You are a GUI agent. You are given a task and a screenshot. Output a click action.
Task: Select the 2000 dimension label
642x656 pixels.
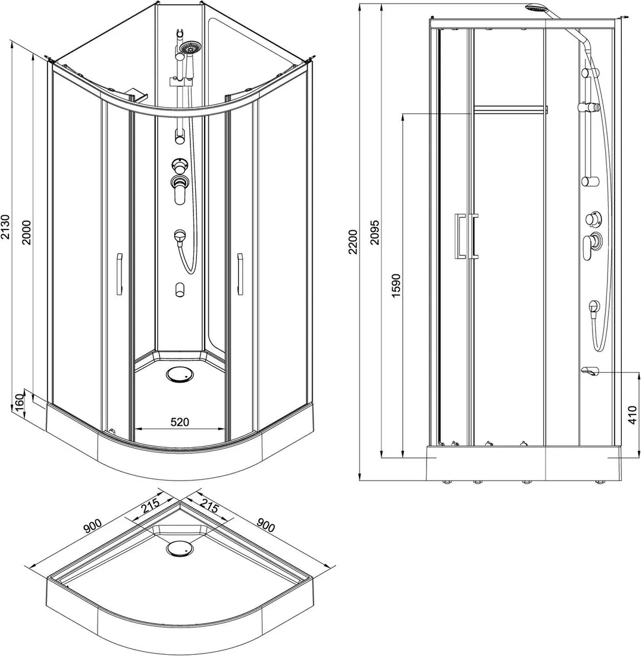pos(27,233)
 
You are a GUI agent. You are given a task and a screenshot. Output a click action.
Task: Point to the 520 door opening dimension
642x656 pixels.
pos(180,422)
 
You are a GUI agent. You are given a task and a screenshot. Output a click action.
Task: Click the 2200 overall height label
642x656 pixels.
pos(353,241)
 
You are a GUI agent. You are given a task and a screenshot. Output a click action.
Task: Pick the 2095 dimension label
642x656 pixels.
pos(374,232)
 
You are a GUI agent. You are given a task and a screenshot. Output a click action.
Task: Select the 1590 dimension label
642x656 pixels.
pos(396,285)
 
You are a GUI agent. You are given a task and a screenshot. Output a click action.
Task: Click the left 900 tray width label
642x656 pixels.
pos(92,526)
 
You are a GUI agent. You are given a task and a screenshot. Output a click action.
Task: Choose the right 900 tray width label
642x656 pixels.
pos(265,526)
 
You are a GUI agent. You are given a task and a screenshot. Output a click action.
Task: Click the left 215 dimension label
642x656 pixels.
pos(150,507)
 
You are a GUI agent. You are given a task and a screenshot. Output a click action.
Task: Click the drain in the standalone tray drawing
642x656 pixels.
pos(180,548)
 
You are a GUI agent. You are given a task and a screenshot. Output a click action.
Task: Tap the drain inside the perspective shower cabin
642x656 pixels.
pos(180,375)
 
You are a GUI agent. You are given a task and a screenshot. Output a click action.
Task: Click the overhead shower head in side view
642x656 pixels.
pos(535,8)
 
